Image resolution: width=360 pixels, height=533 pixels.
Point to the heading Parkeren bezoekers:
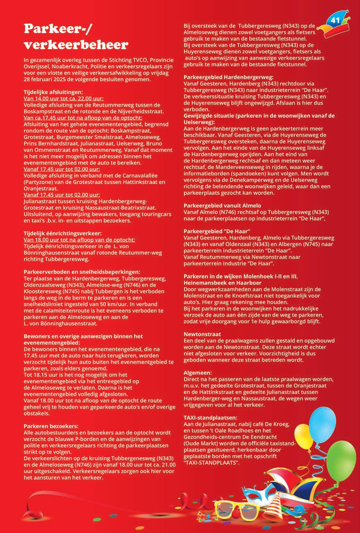click(51, 426)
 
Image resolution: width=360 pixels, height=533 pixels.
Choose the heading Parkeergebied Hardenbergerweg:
click(228, 77)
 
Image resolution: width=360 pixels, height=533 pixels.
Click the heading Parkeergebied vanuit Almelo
click(222, 205)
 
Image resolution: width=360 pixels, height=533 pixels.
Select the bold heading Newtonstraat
click(198, 334)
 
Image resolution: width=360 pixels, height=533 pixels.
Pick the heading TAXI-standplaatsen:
click(210, 418)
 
